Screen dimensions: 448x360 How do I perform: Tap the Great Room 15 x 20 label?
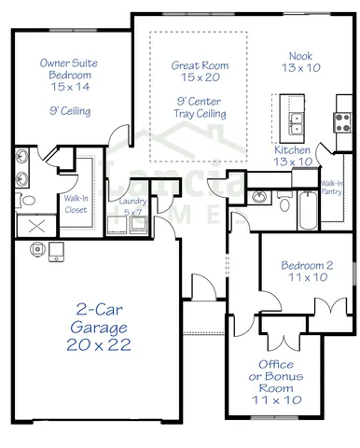[x=200, y=73]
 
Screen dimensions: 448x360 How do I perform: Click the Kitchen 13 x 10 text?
[x=293, y=156]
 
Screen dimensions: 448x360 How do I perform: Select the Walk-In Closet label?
[x=76, y=203]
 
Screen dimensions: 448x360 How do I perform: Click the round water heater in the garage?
[x=38, y=249]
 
